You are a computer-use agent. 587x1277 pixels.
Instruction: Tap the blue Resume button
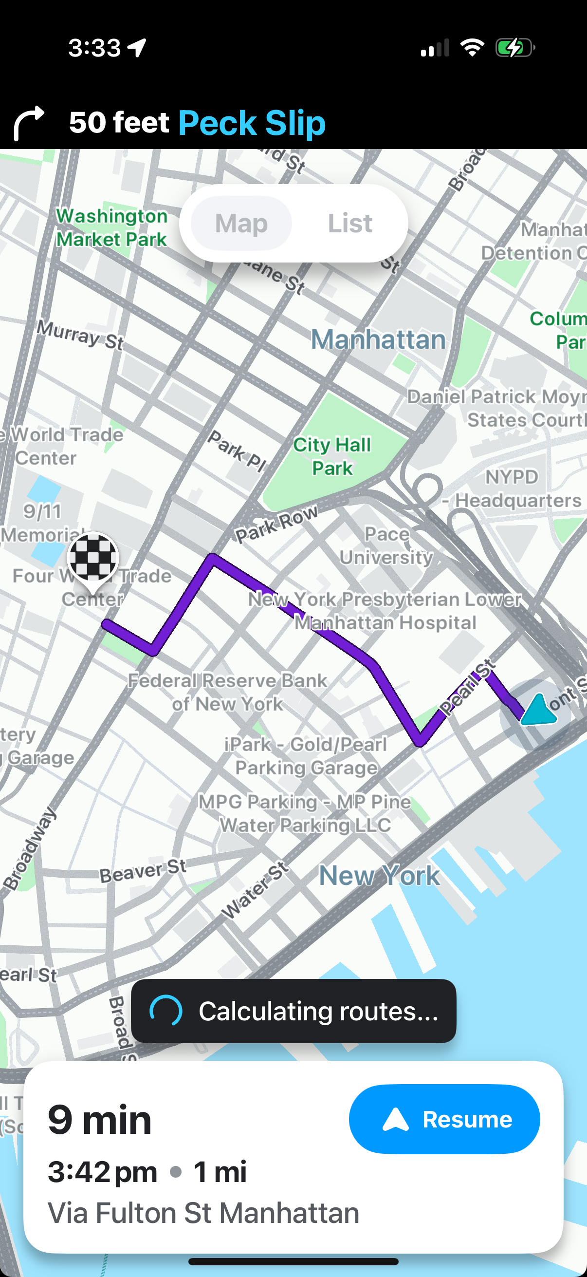tap(444, 1119)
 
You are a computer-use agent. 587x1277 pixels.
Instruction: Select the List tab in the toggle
tap(350, 223)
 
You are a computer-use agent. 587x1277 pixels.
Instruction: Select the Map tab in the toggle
tap(241, 223)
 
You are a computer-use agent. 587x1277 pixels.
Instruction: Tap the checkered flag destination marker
tap(93, 558)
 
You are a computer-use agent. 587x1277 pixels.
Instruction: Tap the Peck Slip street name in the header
tap(252, 122)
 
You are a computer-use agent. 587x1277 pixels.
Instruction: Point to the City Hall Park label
tap(332, 456)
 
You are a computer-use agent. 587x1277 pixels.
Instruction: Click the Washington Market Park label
tap(111, 227)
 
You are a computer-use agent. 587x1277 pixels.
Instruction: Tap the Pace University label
tap(386, 545)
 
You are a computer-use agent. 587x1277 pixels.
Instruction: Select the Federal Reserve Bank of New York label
tap(227, 692)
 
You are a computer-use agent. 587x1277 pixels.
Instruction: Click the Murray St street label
tap(80, 336)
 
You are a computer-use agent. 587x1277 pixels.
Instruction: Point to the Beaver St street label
tap(143, 871)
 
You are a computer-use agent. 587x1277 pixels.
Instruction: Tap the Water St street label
tap(255, 890)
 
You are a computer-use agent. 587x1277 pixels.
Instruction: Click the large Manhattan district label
tap(378, 339)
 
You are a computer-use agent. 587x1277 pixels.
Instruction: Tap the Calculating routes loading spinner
tap(166, 1010)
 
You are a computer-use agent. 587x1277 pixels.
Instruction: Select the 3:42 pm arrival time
tap(103, 1172)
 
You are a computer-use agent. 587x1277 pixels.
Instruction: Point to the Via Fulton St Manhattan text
tap(203, 1213)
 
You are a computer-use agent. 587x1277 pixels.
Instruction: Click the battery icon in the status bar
tap(514, 48)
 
